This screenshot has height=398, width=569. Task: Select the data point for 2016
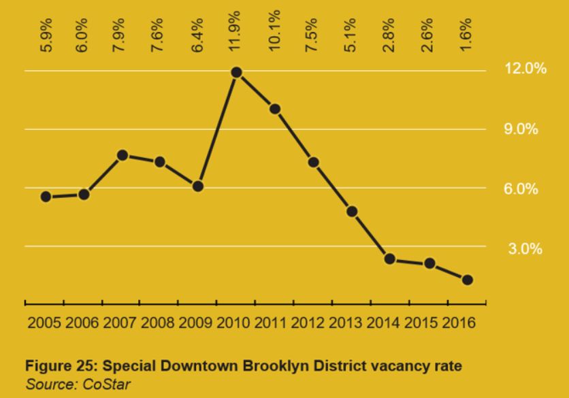[467, 280]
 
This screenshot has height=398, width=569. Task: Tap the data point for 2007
[123, 155]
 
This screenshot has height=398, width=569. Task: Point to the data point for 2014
[390, 259]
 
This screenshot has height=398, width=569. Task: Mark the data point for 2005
[46, 197]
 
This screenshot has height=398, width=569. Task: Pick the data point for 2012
[314, 162]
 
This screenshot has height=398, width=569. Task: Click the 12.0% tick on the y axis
[525, 70]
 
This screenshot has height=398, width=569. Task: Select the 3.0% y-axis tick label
[525, 248]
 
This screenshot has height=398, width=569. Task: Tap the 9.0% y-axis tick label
[521, 129]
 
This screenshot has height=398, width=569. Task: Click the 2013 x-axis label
[346, 322]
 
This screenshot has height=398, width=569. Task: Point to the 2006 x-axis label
[82, 322]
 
